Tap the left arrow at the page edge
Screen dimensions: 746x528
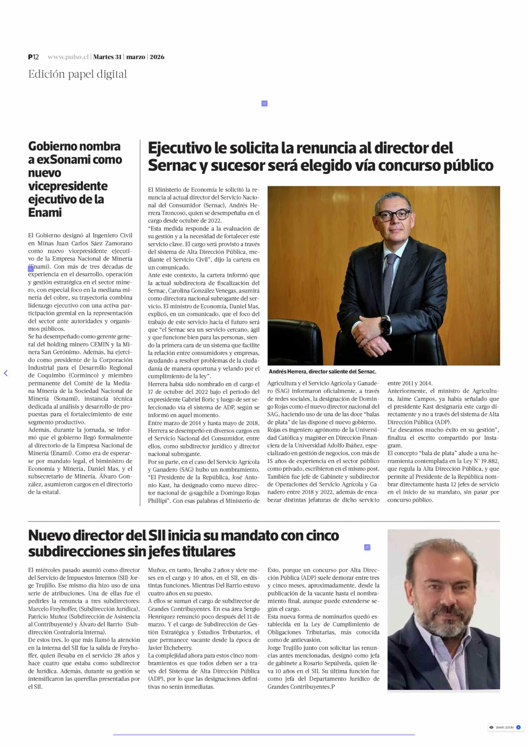6,373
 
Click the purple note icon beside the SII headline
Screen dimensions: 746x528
367,547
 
